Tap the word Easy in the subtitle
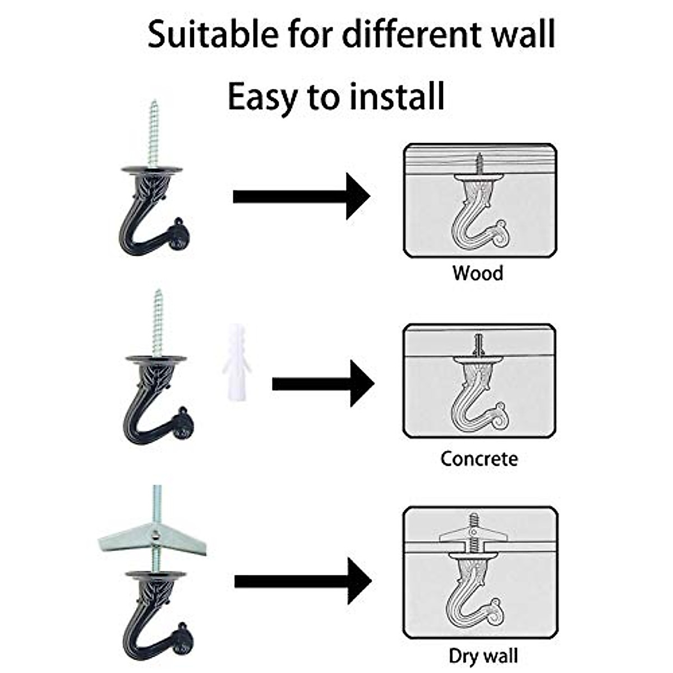click(x=261, y=98)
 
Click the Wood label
click(x=478, y=274)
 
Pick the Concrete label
click(x=479, y=459)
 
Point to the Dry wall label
click(x=483, y=656)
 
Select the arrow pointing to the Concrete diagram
click(x=322, y=384)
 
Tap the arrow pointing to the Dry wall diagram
click(x=302, y=581)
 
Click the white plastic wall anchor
click(x=236, y=362)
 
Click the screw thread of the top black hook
click(x=154, y=133)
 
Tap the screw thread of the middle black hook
click(x=158, y=322)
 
